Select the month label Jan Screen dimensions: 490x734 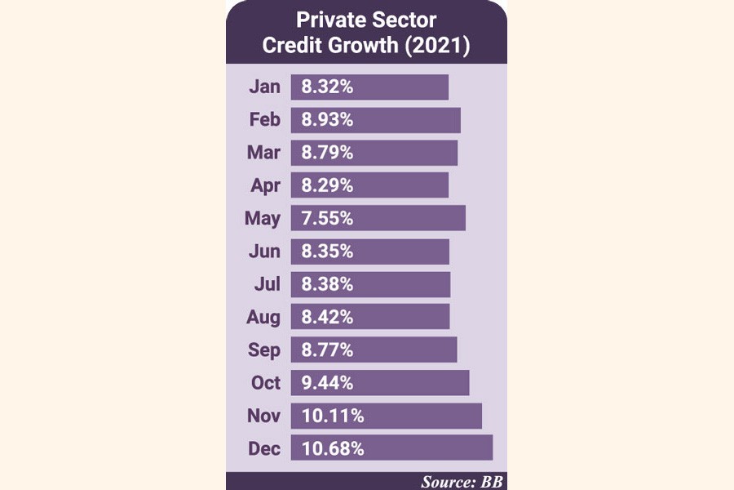pos(264,87)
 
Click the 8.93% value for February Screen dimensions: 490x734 pos(327,120)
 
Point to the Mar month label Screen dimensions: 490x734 pos(263,153)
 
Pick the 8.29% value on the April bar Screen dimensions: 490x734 pos(327,185)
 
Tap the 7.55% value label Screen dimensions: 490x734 pos(327,218)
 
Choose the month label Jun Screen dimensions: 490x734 pos(264,252)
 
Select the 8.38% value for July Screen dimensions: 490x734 pos(327,284)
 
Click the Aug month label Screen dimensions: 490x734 pos(263,318)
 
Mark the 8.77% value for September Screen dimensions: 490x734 pos(327,350)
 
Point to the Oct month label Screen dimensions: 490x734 pos(265,383)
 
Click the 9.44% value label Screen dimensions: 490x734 pos(327,383)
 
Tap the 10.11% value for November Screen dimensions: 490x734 pos(332,416)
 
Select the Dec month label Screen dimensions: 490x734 pos(263,449)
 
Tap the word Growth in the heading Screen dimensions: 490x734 pos(355,46)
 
